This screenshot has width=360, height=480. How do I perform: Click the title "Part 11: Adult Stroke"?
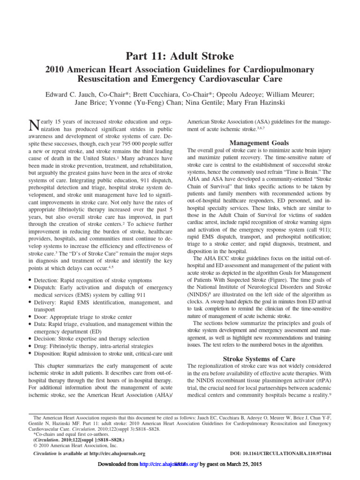pos(180,57)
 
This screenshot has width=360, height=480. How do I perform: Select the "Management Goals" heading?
pos(259,142)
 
